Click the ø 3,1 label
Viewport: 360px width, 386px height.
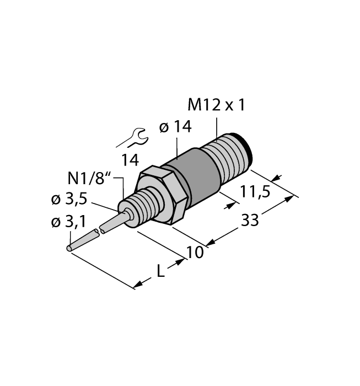pyautogui.click(x=67, y=223)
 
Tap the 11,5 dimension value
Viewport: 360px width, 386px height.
pyautogui.click(x=255, y=192)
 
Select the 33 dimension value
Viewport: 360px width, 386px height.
pyautogui.click(x=250, y=221)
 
